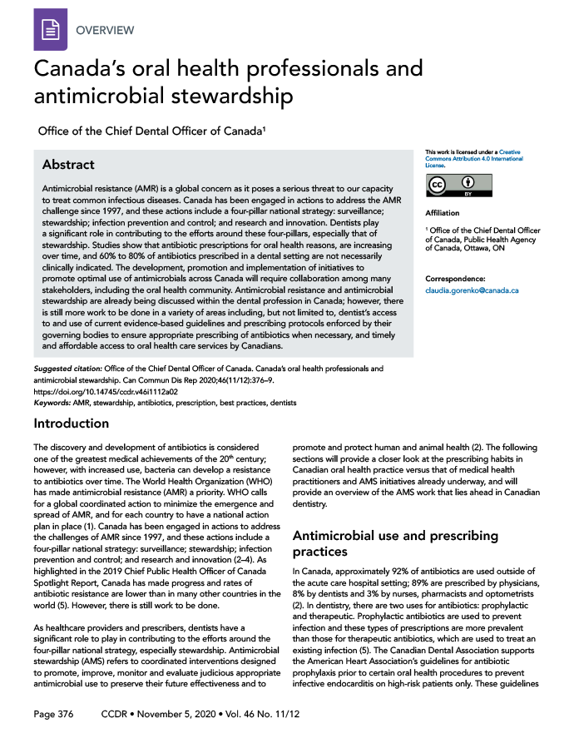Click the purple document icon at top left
[x=50, y=29]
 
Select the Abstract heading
[x=68, y=165]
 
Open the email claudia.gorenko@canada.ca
[x=472, y=290]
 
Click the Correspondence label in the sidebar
[x=455, y=278]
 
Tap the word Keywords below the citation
[x=50, y=402]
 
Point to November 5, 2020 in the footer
[x=174, y=715]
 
